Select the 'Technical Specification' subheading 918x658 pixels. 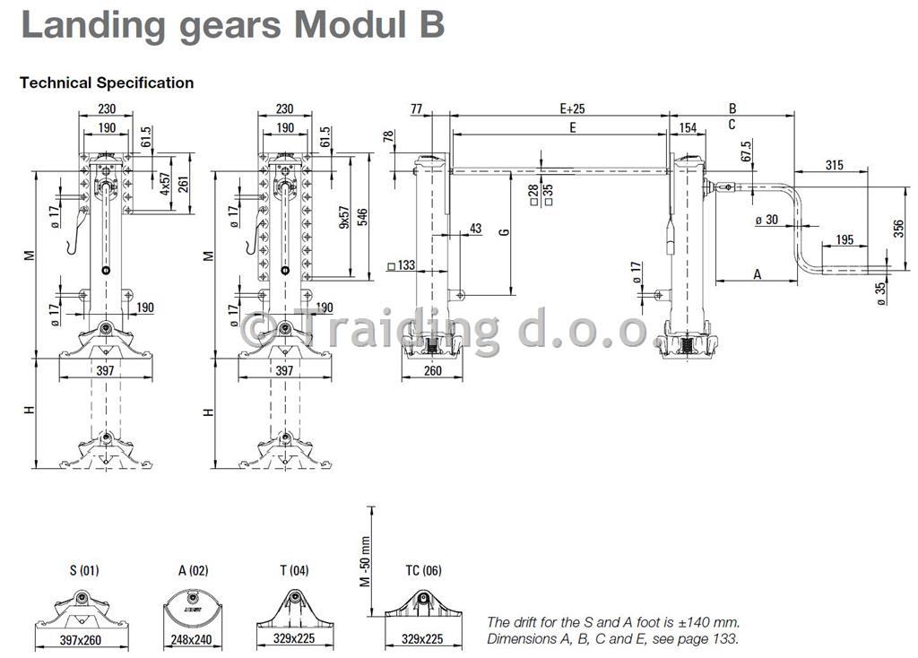[107, 82]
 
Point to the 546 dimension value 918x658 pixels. [363, 218]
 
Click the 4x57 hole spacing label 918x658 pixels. [165, 184]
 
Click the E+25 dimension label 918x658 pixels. [572, 108]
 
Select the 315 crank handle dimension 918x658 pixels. [835, 165]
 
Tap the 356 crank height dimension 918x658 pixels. [898, 228]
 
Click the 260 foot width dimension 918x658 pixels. [433, 370]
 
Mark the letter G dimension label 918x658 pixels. [504, 232]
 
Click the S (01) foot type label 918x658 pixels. [84, 570]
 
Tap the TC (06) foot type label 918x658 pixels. [423, 570]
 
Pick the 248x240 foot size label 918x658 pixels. [191, 640]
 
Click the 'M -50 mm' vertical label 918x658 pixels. [366, 561]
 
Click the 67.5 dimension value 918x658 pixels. [746, 152]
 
